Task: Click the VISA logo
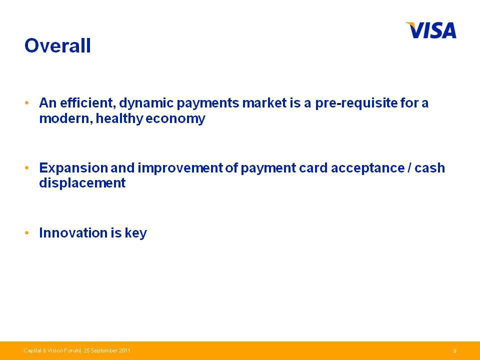coord(431,30)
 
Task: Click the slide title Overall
coord(57,45)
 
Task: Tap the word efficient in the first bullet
coord(88,103)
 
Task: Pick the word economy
coord(175,119)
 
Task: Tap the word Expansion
coord(73,168)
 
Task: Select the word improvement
coord(180,168)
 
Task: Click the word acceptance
coord(367,168)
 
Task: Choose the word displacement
coord(82,183)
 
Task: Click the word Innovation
coord(73,232)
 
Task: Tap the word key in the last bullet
coord(136,233)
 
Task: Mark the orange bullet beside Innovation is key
coord(27,233)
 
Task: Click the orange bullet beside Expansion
coord(27,168)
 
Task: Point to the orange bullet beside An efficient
coord(27,103)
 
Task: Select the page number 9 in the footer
coord(454,351)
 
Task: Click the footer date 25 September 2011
coord(107,350)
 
